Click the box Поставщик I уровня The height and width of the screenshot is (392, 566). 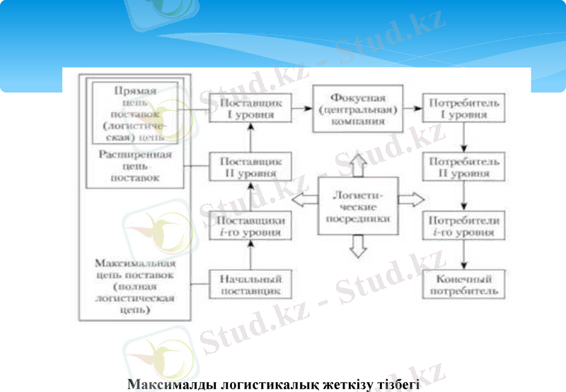(x=244, y=109)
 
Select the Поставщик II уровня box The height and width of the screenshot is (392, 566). (x=244, y=167)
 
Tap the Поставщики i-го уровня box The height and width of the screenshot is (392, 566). (x=244, y=226)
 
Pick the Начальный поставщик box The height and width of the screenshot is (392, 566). (x=244, y=284)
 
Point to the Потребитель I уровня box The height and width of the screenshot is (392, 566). (x=463, y=109)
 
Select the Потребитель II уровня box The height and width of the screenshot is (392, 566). (x=463, y=167)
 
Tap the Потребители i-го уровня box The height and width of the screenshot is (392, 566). (x=463, y=226)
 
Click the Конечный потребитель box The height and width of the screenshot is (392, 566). (x=463, y=284)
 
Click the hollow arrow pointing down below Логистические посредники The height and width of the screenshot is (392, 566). (x=358, y=245)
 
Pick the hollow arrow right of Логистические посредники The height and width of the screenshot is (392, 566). (x=409, y=200)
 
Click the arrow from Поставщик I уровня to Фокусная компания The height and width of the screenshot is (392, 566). (x=299, y=109)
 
